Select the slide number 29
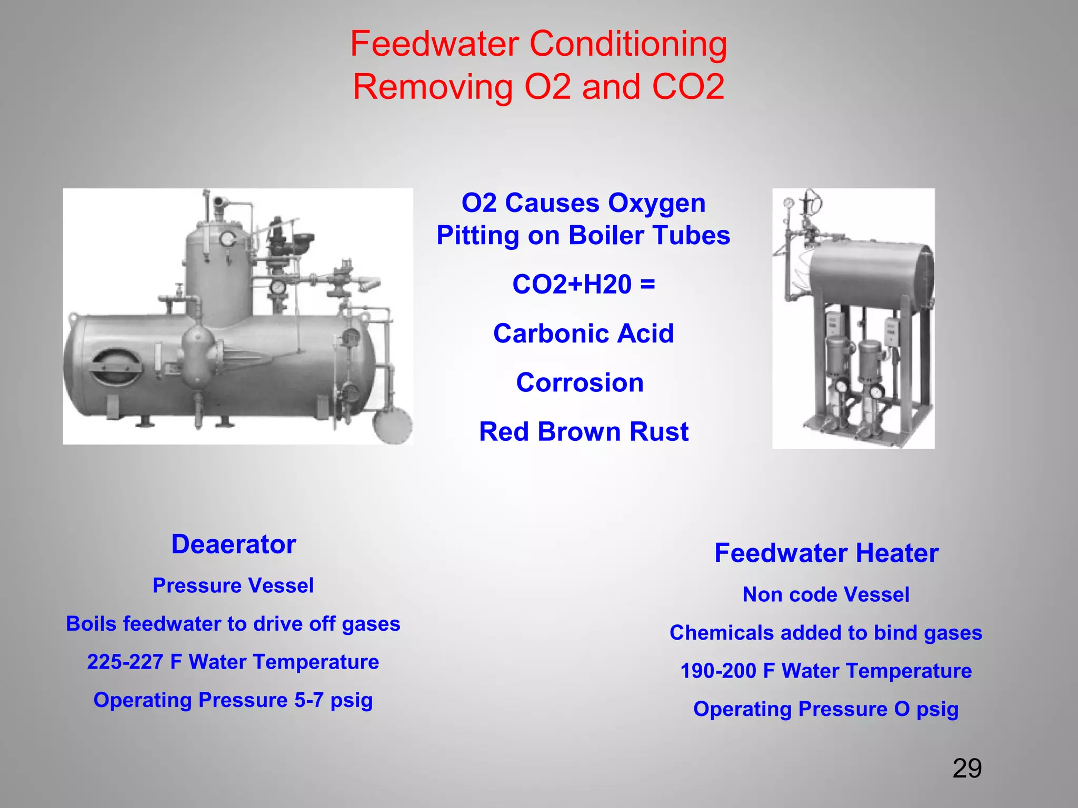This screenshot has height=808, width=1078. [x=967, y=769]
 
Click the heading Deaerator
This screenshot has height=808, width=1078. [x=234, y=544]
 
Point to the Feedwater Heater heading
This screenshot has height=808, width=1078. [x=826, y=553]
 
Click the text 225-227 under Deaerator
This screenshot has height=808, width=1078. [x=125, y=662]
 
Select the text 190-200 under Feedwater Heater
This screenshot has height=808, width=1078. [x=718, y=671]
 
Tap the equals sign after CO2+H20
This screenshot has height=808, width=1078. [x=648, y=285]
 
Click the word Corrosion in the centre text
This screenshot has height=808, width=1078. [x=580, y=383]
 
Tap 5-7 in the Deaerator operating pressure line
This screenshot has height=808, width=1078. [x=309, y=700]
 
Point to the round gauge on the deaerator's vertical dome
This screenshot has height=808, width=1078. [x=228, y=239]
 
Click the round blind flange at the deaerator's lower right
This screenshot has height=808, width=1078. [x=392, y=426]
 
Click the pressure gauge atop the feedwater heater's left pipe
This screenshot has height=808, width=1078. [x=788, y=203]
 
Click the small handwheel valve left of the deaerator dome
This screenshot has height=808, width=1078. [x=179, y=290]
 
